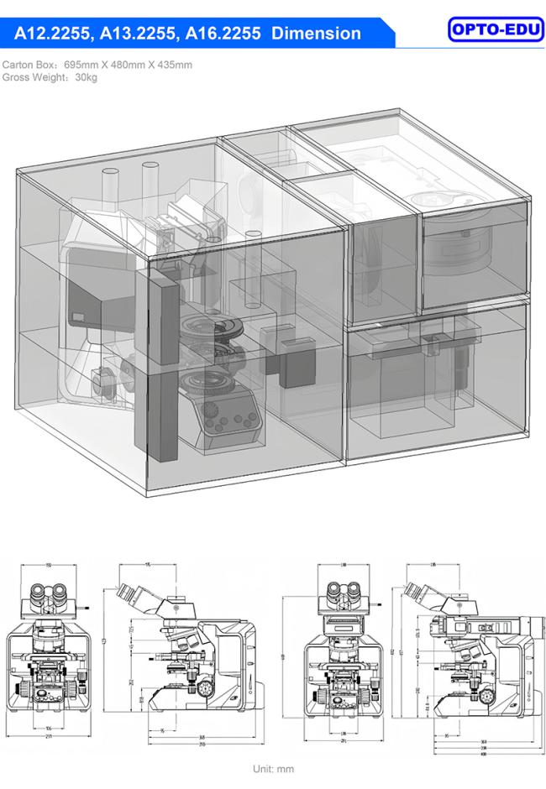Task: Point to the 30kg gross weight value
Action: pyautogui.click(x=85, y=77)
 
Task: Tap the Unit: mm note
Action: pyautogui.click(x=273, y=768)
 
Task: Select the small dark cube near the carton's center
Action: pyautogui.click(x=295, y=363)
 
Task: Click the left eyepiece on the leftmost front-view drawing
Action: pyautogui.click(x=39, y=597)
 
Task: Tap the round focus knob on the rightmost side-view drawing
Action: pyautogui.click(x=486, y=692)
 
